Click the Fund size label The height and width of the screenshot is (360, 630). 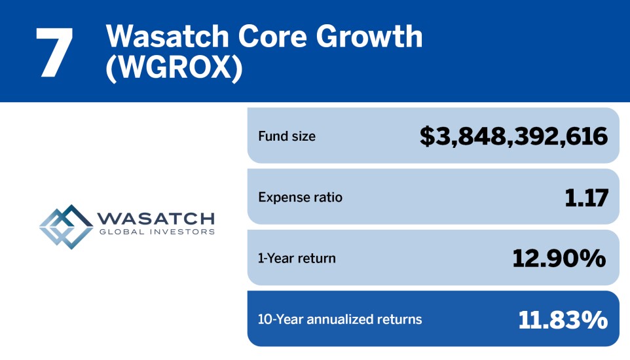click(287, 136)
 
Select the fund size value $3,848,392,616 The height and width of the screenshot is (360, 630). click(513, 136)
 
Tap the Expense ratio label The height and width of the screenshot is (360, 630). click(300, 197)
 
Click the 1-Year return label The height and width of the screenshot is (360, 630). click(297, 258)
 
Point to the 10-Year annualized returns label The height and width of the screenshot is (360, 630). click(340, 319)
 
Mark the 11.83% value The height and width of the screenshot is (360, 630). click(563, 319)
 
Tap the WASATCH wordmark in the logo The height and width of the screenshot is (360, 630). click(155, 219)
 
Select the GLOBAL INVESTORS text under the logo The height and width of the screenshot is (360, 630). click(155, 232)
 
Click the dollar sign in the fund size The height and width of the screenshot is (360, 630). click(428, 136)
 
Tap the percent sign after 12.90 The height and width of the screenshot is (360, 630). click(592, 259)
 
